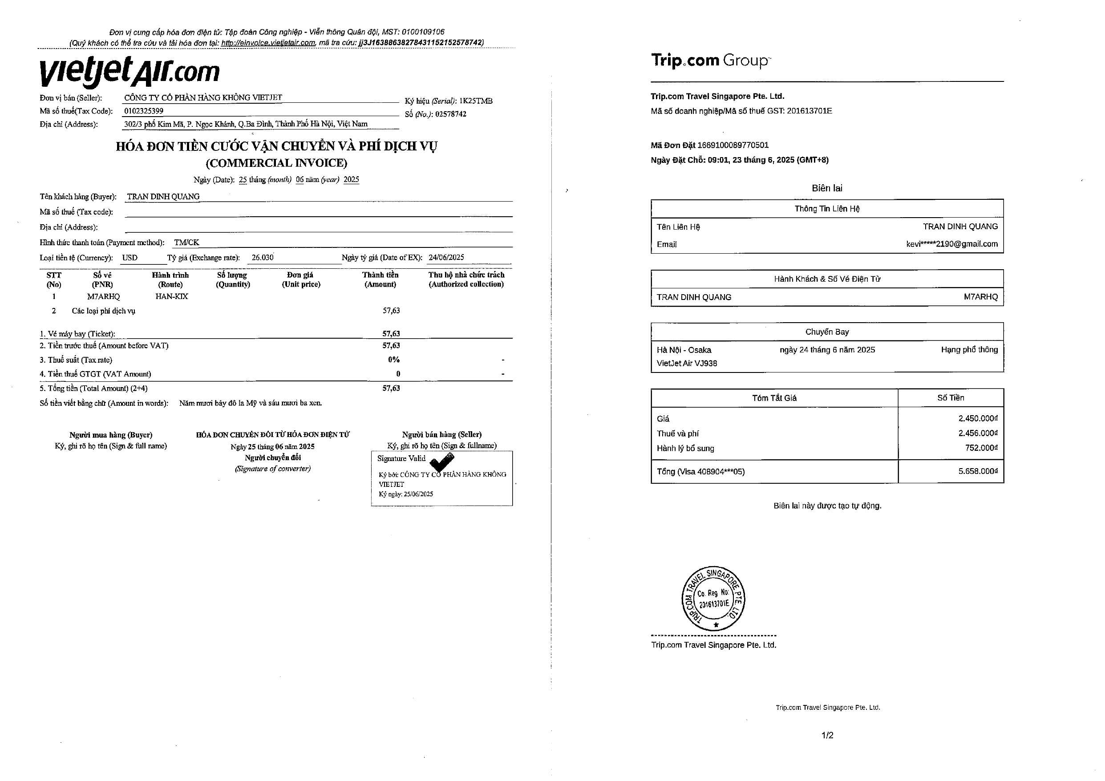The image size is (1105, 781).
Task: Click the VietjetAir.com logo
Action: click(129, 72)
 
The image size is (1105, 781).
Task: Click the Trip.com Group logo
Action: click(710, 61)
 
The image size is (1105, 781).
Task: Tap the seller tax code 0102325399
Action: click(143, 111)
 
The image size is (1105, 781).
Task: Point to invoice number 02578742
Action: click(450, 114)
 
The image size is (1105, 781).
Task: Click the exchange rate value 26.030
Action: click(262, 258)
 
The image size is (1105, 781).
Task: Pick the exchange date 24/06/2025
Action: click(446, 258)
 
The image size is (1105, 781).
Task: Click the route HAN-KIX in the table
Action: click(171, 296)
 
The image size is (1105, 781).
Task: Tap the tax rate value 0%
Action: click(394, 360)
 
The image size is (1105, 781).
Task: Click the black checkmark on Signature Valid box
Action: click(441, 462)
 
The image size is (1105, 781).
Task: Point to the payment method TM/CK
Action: click(187, 243)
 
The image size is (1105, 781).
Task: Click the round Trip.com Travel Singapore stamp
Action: click(713, 598)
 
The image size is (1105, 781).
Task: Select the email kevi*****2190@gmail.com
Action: click(951, 244)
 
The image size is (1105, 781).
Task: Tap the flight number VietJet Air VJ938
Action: click(687, 363)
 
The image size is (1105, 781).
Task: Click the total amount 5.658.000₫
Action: click(977, 471)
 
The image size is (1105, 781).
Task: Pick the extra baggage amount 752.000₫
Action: click(981, 448)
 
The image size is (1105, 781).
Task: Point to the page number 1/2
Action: click(827, 735)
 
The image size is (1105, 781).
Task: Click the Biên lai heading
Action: click(827, 188)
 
